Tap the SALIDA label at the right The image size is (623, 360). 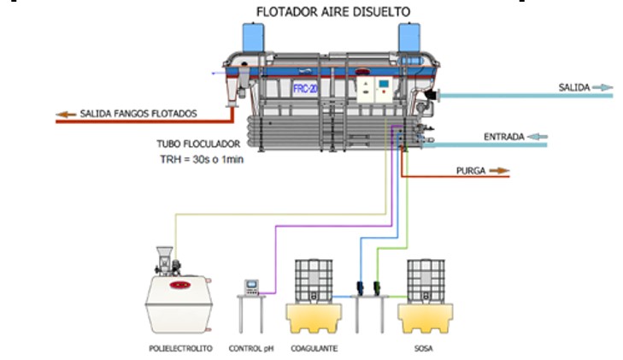pos(573,87)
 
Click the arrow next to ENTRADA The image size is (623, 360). pos(538,136)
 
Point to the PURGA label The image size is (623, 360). pos(471,171)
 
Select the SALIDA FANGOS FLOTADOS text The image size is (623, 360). pos(138,113)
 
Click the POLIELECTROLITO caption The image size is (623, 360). pos(174,349)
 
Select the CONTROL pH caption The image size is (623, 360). pos(250,349)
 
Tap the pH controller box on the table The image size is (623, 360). pos(251,286)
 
